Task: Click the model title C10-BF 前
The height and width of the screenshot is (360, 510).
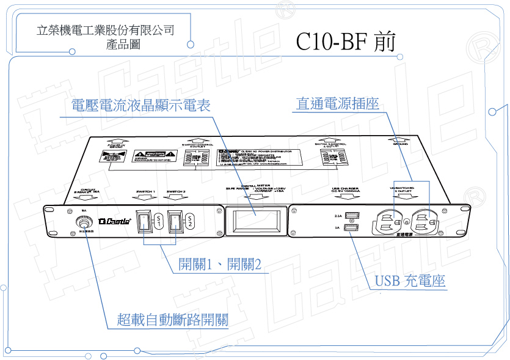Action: pos(346,42)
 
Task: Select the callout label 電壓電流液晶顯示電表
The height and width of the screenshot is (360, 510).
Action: pos(140,105)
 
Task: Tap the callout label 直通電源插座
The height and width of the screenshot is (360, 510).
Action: pos(337,104)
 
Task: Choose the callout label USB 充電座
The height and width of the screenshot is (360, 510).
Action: pos(410,281)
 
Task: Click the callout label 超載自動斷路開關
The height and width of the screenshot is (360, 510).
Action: pos(173,320)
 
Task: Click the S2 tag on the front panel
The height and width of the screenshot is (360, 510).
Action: pos(190,221)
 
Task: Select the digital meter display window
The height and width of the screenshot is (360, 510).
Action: pos(255,221)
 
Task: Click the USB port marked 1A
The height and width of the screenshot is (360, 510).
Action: pos(352,229)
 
